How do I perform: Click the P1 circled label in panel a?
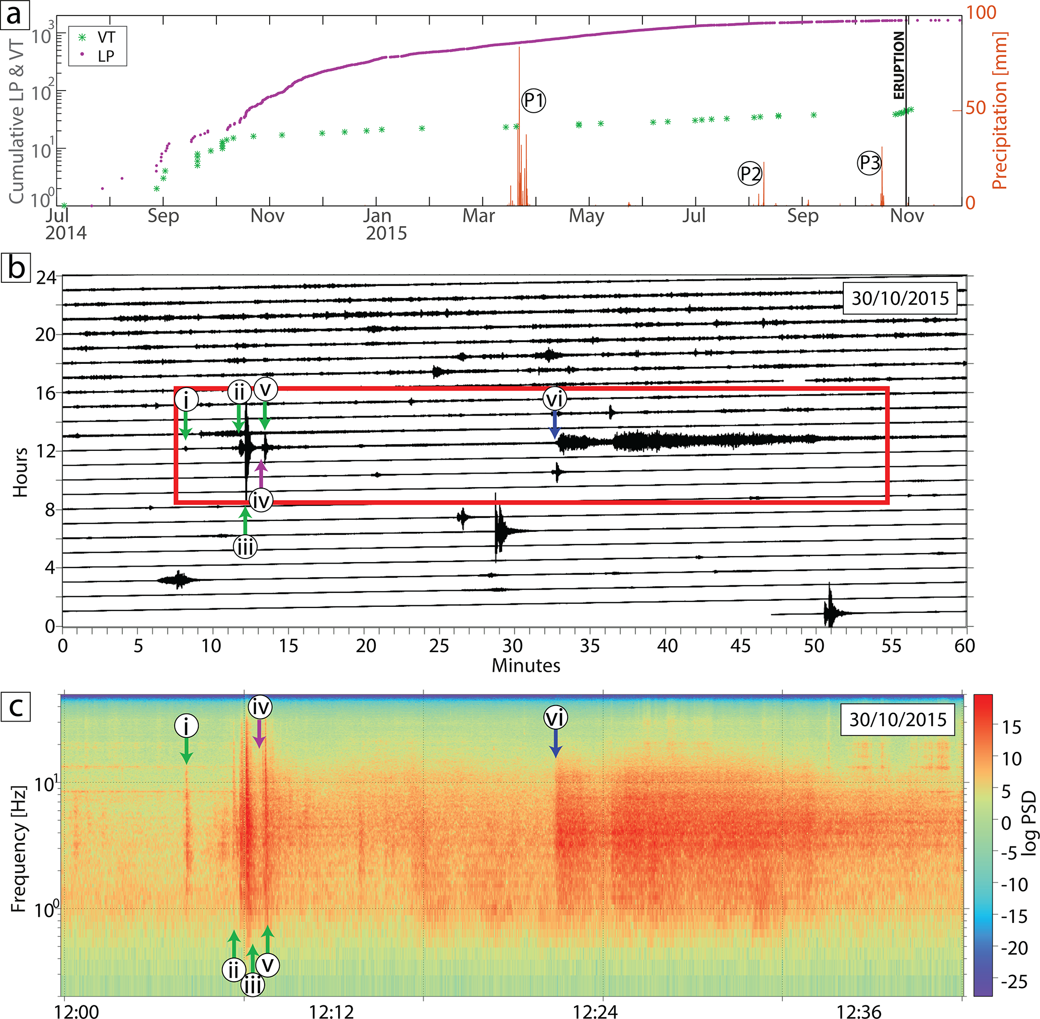(533, 100)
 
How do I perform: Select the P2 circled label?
(750, 174)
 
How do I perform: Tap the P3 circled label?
(869, 163)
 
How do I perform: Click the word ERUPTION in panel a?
(899, 65)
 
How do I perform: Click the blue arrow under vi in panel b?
(554, 424)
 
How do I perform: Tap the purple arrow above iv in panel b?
(261, 474)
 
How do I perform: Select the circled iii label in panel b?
(245, 546)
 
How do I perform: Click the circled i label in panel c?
(186, 726)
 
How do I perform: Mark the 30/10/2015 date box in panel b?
(900, 297)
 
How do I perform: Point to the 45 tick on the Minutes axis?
(741, 646)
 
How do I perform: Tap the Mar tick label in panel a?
(478, 216)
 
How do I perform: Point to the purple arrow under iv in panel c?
(259, 734)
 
